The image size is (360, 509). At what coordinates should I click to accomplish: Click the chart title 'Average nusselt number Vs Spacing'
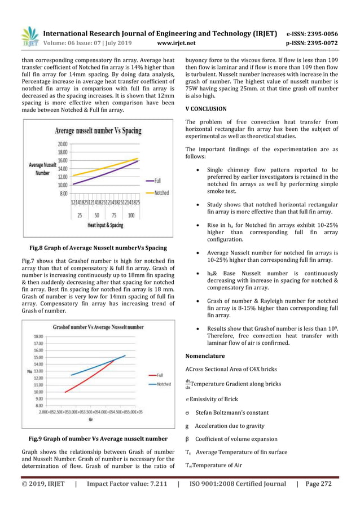coord(99,131)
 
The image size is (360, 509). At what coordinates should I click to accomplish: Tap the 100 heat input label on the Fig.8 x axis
coord(131,216)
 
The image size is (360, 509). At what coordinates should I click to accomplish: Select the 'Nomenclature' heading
coord(205,356)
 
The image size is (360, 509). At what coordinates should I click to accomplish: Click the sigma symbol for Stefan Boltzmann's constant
coord(187,413)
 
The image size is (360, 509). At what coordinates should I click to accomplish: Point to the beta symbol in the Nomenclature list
coord(187,439)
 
